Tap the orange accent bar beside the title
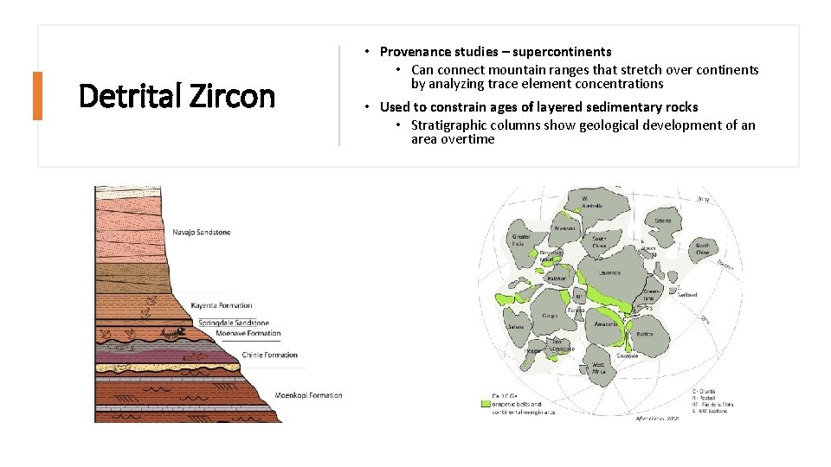(37, 96)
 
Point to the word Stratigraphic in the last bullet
(450, 125)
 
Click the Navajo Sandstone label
(201, 232)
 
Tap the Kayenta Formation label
(222, 305)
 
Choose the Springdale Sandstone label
(234, 323)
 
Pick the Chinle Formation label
(269, 355)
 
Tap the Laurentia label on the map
(609, 272)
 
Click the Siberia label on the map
(663, 221)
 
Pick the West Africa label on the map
(598, 368)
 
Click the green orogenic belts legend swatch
(486, 403)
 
